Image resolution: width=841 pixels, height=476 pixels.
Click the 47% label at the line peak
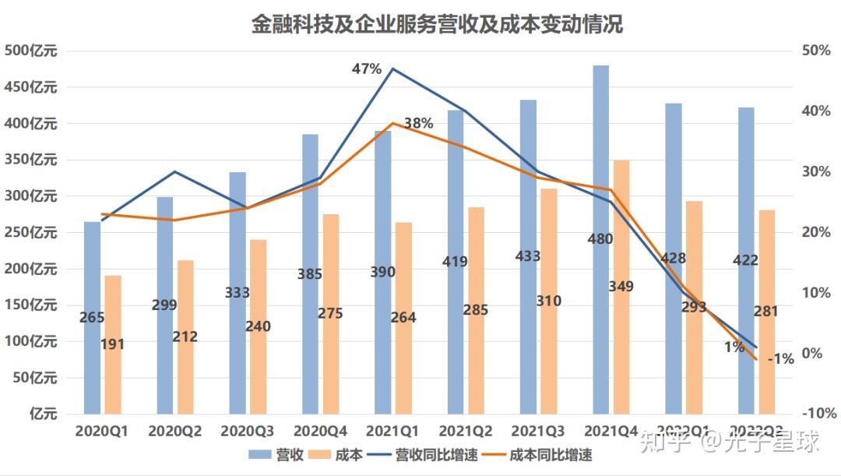[x=367, y=69]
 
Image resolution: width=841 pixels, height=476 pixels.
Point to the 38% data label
[x=418, y=123]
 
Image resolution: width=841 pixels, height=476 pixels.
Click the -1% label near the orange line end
[x=780, y=359]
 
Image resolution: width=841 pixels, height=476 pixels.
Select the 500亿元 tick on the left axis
[x=31, y=51]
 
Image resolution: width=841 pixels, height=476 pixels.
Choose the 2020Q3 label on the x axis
[x=247, y=430]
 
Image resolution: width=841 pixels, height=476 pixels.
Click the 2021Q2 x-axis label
[x=465, y=430]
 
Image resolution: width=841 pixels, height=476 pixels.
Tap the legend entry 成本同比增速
[x=550, y=455]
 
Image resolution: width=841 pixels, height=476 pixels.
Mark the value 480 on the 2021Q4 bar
[x=600, y=239]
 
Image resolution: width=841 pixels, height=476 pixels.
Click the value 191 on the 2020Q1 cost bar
[x=113, y=344]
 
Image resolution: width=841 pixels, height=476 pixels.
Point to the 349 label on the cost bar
[x=621, y=287]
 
